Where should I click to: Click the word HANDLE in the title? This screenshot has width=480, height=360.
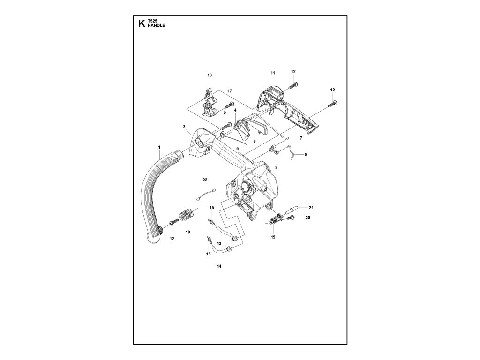click(156, 26)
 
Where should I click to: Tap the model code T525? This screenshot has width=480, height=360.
click(152, 22)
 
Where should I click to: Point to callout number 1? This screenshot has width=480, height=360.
click(159, 148)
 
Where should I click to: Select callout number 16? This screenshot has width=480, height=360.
click(210, 75)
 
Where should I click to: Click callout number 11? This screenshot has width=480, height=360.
click(272, 73)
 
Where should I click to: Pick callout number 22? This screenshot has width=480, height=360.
click(205, 180)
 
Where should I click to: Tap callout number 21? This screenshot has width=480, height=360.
click(310, 207)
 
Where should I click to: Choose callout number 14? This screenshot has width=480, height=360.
click(218, 266)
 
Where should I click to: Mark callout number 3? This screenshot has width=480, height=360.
click(184, 127)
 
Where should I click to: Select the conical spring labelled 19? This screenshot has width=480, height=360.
click(275, 221)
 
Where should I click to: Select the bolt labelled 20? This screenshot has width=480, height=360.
click(291, 218)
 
